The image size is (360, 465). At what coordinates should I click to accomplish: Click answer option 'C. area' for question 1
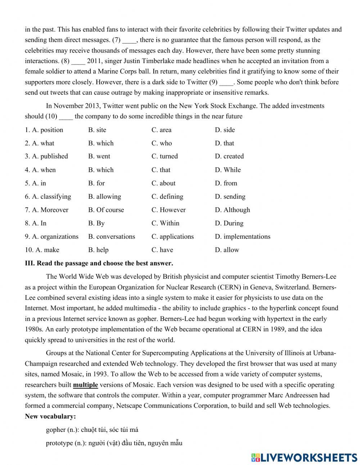(x=161, y=130)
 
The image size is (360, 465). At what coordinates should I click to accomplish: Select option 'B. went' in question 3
(x=99, y=156)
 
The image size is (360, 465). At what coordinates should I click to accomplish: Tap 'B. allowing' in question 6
(x=104, y=196)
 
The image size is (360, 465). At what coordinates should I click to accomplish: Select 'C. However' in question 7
(x=168, y=210)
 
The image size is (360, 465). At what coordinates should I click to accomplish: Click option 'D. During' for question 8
(x=229, y=223)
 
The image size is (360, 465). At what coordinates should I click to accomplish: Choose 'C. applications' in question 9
(x=172, y=236)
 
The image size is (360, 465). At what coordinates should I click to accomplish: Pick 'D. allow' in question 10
(x=227, y=250)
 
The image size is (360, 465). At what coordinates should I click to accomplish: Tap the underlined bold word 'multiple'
(x=85, y=385)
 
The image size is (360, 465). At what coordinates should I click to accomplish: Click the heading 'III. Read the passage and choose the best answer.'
(x=99, y=263)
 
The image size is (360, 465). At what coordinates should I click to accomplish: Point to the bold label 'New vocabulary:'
(x=50, y=416)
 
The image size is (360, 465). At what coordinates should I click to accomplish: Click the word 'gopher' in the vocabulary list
(x=56, y=430)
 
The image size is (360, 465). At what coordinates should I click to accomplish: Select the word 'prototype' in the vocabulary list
(x=59, y=443)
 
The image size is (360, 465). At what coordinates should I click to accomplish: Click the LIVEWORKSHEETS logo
(x=304, y=457)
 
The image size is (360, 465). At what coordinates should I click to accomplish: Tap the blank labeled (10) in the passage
(x=66, y=116)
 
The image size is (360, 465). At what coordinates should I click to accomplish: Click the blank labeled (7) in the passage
(x=129, y=40)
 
